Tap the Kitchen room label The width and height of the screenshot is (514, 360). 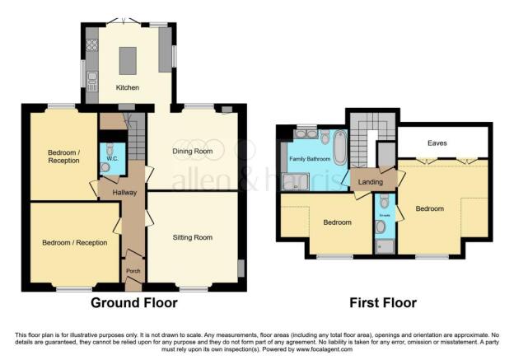click(128, 87)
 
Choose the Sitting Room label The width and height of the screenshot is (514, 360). click(192, 237)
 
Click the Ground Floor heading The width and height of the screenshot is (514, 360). click(133, 303)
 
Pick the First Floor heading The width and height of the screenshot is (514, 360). click(383, 303)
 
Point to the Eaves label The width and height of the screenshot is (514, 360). click(437, 143)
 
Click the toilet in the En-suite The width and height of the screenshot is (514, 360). click(381, 225)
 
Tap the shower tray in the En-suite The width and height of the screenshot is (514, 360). click(383, 245)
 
